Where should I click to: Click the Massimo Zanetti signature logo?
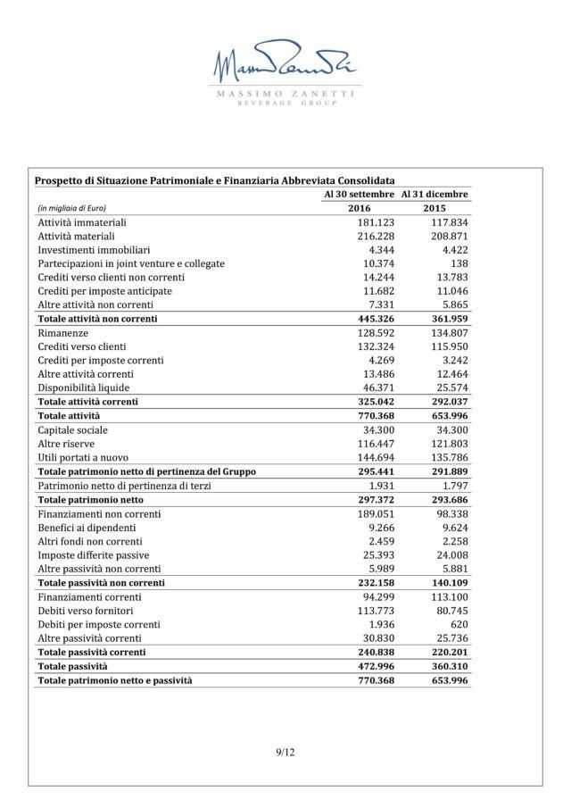coord(285,65)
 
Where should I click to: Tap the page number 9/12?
coord(285,753)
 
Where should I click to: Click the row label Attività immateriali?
coord(81,221)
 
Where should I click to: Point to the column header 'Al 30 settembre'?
coord(359,194)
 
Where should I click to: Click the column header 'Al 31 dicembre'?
coord(434,194)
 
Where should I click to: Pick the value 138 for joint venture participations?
coord(459,263)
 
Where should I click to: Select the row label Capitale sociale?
coord(73,430)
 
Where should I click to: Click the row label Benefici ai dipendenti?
coord(87,528)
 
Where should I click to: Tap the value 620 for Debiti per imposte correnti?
coord(459,624)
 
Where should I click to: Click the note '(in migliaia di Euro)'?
coord(71,208)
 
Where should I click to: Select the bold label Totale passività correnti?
coord(92,653)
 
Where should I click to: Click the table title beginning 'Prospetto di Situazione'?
coord(214,180)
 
